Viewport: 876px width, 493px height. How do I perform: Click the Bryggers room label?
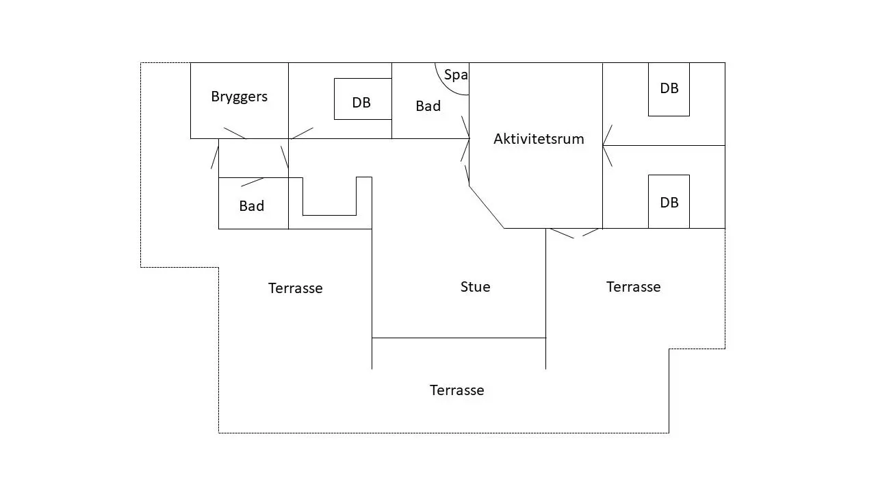point(239,97)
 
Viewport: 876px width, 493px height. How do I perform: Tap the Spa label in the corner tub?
point(456,75)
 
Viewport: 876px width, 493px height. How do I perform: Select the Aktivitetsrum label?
point(539,139)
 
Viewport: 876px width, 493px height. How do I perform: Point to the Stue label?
point(475,287)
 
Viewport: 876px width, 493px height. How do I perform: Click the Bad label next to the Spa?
point(428,106)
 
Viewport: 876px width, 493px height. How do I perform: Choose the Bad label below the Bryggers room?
point(251,206)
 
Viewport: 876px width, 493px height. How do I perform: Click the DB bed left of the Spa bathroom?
point(363,99)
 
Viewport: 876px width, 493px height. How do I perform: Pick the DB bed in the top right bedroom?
point(669,89)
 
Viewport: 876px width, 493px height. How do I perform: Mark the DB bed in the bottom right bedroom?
point(669,201)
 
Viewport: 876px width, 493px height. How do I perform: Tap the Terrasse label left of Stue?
point(295,288)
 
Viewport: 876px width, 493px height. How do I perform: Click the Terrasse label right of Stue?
point(634,287)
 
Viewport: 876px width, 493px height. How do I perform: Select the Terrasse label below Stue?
point(456,390)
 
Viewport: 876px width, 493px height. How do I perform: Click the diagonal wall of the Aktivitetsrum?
point(486,207)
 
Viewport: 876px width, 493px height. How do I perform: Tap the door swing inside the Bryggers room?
point(235,133)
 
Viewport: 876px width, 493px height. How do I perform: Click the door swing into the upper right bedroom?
point(607,135)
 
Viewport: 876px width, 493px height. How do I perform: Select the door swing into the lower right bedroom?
point(607,155)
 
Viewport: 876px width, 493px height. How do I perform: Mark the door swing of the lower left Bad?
point(253,182)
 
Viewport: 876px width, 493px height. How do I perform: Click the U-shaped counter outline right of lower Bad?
point(330,215)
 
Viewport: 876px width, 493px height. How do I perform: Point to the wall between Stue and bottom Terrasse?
point(459,338)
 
